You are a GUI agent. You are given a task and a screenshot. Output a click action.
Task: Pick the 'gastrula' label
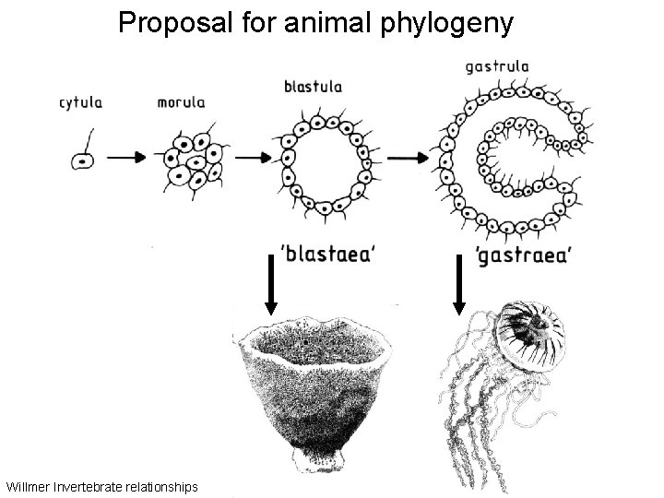(x=497, y=66)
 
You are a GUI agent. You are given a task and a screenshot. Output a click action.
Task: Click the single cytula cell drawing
(x=83, y=159)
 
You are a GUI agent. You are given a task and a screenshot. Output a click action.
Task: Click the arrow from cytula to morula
(x=127, y=159)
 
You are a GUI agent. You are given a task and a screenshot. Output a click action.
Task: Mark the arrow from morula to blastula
(x=249, y=159)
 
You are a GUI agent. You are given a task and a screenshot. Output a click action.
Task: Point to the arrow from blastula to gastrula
(x=402, y=159)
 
